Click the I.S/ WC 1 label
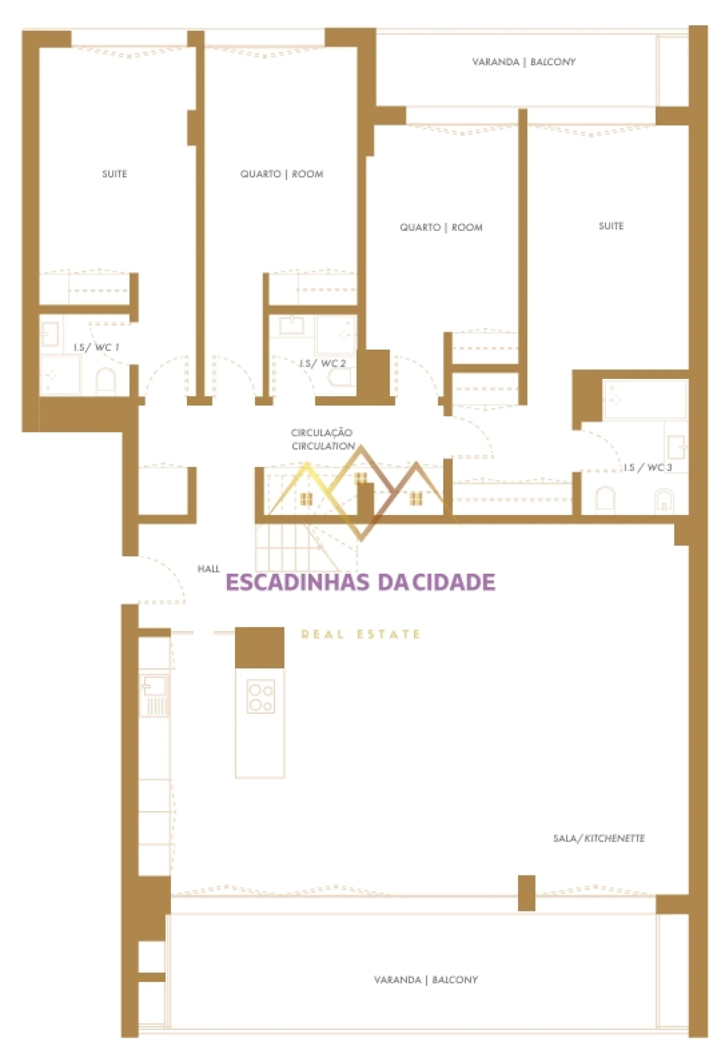(96, 347)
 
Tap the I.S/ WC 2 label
(322, 364)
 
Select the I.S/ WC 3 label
(648, 467)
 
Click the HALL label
(208, 569)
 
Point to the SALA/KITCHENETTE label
(599, 838)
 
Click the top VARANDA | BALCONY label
(524, 62)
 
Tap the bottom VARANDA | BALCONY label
(426, 980)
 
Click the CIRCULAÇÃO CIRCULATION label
(322, 439)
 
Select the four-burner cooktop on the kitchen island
(261, 697)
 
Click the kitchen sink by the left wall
(154, 687)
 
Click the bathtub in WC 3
(645, 400)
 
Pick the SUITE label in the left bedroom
(114, 174)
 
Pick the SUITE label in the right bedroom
(611, 226)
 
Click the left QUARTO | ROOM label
(282, 174)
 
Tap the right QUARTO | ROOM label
(441, 227)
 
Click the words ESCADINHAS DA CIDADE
(360, 582)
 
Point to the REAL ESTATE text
(360, 635)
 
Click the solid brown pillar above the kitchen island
(259, 647)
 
